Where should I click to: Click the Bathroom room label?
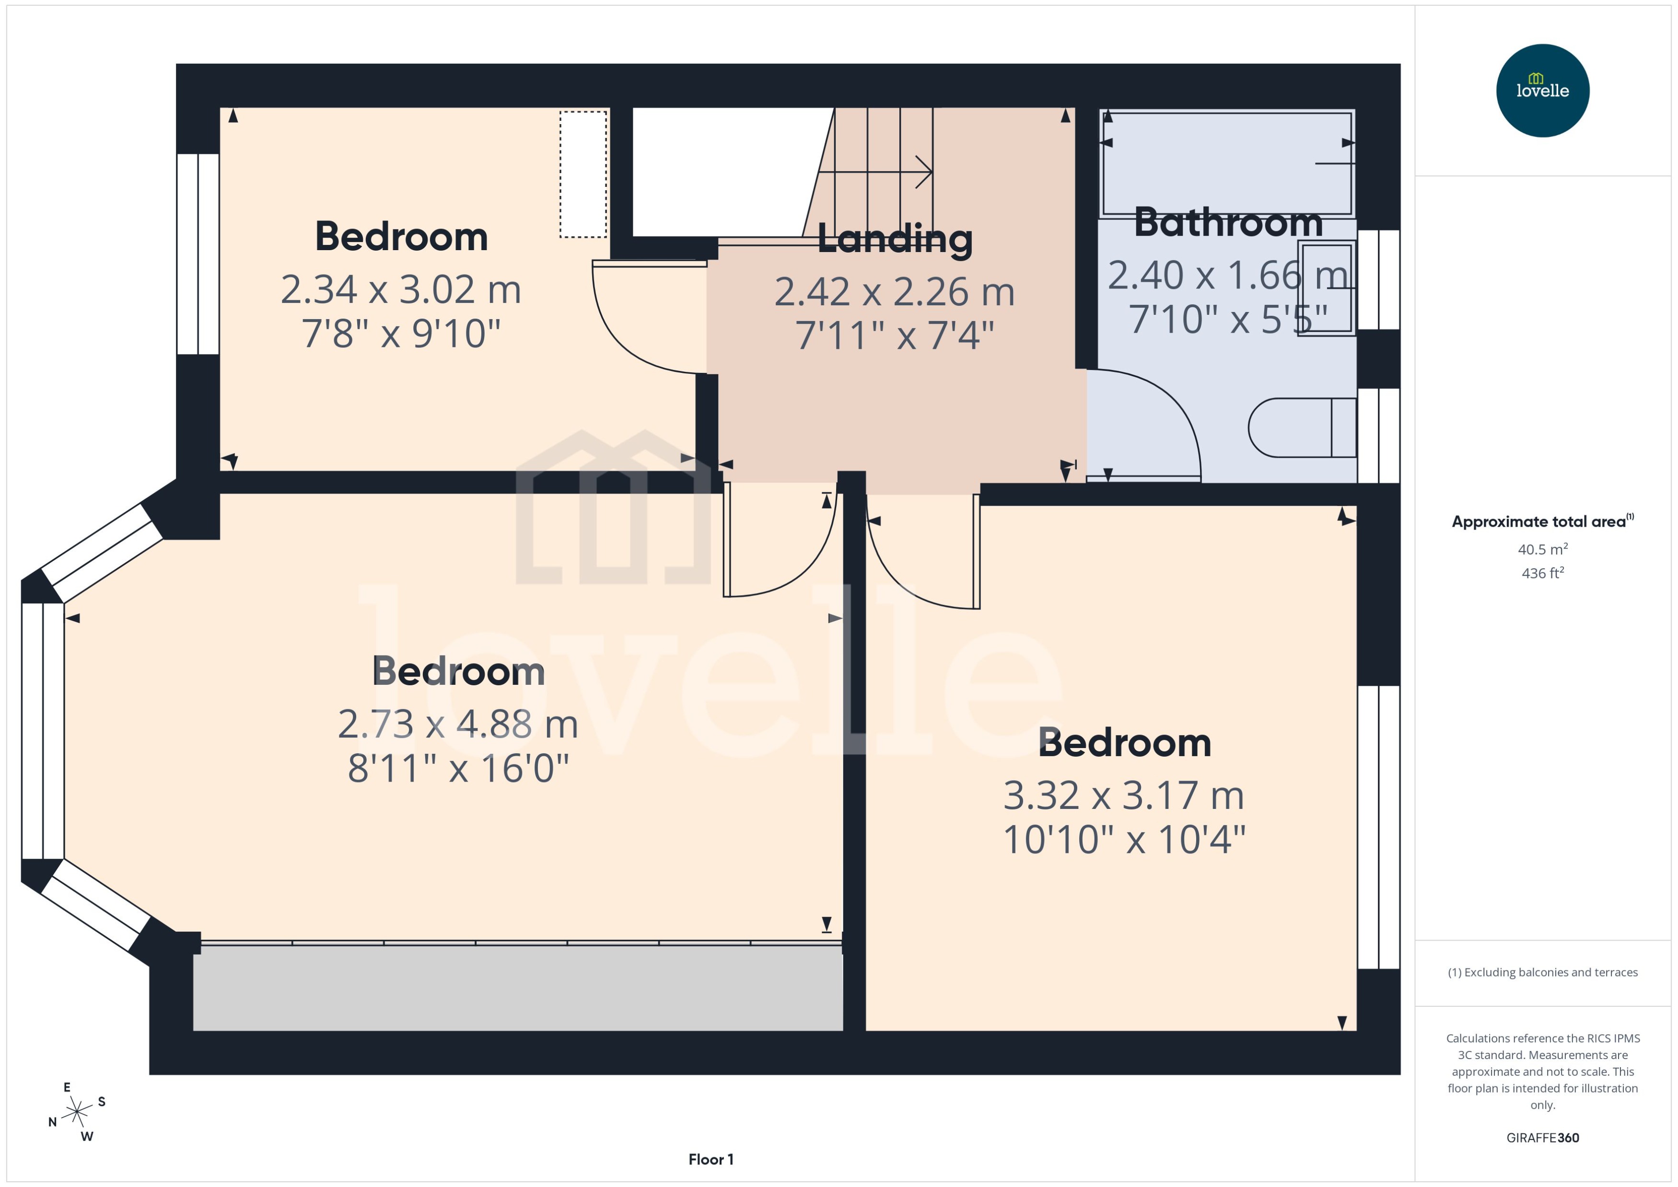1228,222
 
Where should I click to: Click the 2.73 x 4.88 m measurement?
458,725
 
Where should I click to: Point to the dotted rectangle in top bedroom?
583,174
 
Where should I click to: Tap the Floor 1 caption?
711,1159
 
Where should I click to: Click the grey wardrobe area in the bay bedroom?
518,988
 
